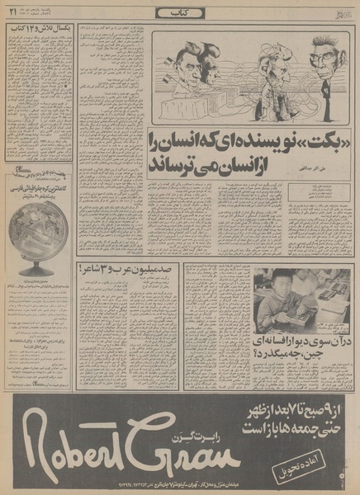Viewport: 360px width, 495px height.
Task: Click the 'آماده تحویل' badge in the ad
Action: click(x=310, y=460)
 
